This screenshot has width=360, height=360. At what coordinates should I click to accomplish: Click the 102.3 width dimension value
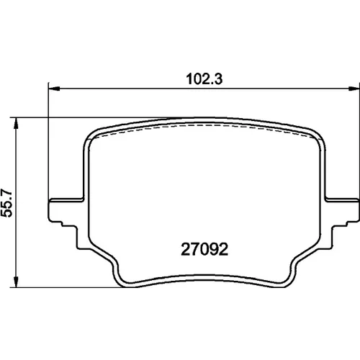[x=204, y=79]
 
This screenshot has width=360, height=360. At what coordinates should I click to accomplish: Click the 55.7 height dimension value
[x=7, y=203]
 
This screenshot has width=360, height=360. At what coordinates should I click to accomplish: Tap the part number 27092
[x=204, y=249]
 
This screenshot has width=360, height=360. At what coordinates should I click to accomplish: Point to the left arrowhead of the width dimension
[x=54, y=89]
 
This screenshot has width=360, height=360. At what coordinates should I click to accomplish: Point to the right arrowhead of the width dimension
[x=354, y=89]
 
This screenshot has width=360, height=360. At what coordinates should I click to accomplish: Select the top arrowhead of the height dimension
[x=16, y=123]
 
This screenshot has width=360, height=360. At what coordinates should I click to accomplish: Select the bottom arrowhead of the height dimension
[x=16, y=282]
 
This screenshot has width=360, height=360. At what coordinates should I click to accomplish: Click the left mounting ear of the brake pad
[x=66, y=210]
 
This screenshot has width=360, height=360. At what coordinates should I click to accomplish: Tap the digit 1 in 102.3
[x=189, y=79]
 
